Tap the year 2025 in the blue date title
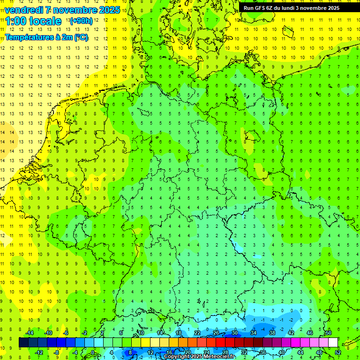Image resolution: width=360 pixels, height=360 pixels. [110, 10]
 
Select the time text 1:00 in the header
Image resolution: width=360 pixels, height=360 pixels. [15, 21]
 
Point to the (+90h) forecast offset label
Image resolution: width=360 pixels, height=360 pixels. [81, 21]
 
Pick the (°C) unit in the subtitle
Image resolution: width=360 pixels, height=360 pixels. [81, 37]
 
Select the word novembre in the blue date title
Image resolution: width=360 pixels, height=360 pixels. [75, 10]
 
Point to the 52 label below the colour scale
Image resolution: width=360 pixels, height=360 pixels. [338, 352]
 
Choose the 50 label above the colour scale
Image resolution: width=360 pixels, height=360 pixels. [329, 333]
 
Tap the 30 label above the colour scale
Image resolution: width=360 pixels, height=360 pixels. [234, 333]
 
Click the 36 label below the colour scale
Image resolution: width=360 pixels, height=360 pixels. [262, 352]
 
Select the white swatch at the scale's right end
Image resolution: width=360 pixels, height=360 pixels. [333, 343]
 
